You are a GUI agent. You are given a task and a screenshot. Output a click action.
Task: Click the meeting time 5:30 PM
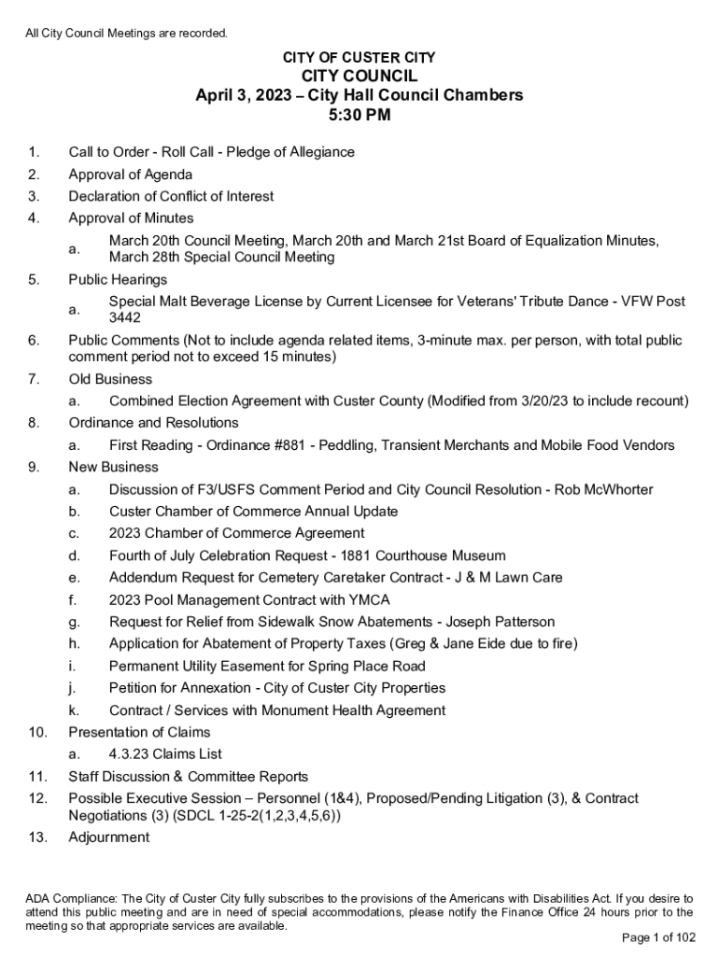(359, 117)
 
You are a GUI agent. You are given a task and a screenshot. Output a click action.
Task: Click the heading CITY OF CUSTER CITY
(359, 58)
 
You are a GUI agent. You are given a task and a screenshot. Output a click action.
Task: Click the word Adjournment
(108, 837)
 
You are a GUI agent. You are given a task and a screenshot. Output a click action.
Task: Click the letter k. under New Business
(73, 710)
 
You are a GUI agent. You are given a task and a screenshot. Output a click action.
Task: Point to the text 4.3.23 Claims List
(165, 754)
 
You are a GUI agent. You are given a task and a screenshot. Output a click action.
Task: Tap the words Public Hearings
(118, 279)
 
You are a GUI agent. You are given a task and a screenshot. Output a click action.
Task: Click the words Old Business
(110, 379)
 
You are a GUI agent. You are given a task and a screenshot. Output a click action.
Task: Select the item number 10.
(37, 732)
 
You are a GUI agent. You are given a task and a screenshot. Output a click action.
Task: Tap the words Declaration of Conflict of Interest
(171, 196)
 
